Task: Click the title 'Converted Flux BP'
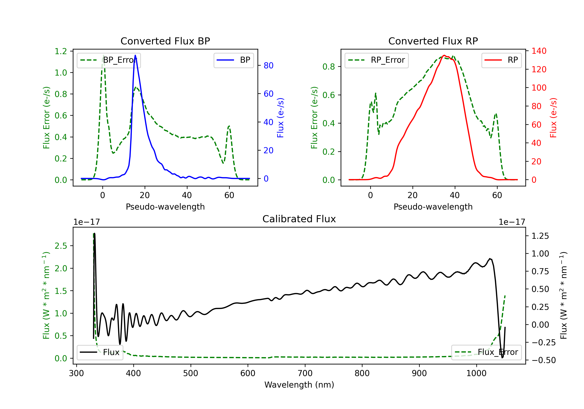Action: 165,41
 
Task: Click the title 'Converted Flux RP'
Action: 433,41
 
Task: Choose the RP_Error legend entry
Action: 376,60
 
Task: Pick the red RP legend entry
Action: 501,60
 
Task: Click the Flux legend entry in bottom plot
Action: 100,352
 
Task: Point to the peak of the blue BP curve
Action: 135,55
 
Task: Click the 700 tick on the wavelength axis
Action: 305,373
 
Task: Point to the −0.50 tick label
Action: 544,360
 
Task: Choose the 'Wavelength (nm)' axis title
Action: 299,385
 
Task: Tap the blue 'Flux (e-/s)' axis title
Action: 280,118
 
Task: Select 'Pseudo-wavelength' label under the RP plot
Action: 433,207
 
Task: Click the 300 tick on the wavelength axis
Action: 76,373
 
